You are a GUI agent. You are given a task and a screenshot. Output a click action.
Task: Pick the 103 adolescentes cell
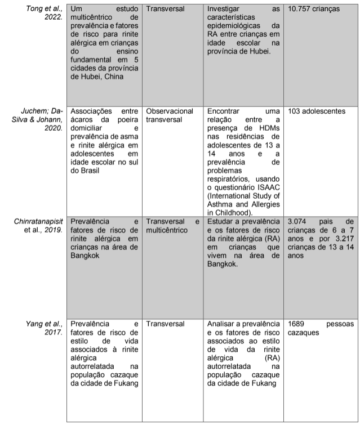click(x=316, y=111)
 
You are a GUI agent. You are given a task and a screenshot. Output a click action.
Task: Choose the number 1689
click(x=297, y=324)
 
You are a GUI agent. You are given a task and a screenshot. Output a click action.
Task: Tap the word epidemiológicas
click(x=234, y=26)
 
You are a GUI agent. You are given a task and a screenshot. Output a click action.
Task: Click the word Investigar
click(x=223, y=10)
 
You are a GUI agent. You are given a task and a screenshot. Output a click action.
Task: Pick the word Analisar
click(x=222, y=324)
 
